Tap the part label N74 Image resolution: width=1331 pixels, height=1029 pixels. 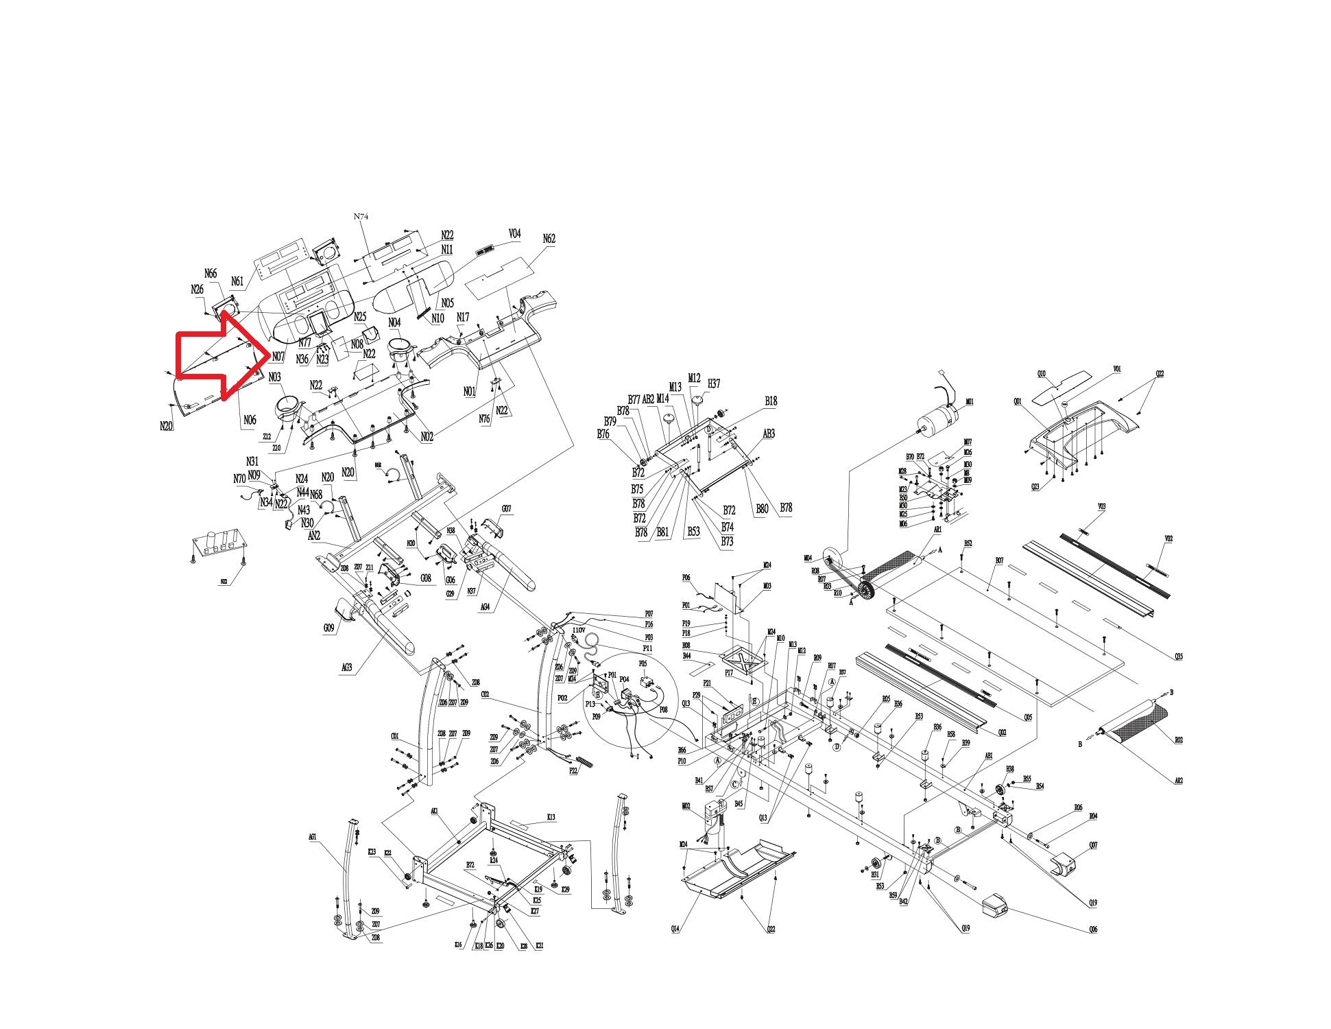pos(361,216)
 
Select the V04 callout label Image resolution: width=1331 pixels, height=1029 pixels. pos(514,234)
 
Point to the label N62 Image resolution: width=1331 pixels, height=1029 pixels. pos(549,239)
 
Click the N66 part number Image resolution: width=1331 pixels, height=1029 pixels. pos(211,274)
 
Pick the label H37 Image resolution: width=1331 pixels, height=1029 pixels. pos(714,383)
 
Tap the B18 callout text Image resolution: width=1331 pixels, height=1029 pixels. pos(771,401)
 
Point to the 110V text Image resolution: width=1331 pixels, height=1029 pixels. pos(578,630)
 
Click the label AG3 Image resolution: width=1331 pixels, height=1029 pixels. pos(347,667)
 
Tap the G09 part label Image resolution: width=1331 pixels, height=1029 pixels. pos(329,628)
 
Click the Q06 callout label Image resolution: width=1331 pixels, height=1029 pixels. pos(1093,930)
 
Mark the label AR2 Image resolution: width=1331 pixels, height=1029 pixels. pos(1178,781)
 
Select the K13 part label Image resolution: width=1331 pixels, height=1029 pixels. pos(551,817)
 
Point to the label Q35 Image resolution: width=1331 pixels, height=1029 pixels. pos(1178,657)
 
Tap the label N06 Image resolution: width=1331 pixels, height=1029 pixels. pos(250,421)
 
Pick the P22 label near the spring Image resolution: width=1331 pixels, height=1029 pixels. pos(574,770)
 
